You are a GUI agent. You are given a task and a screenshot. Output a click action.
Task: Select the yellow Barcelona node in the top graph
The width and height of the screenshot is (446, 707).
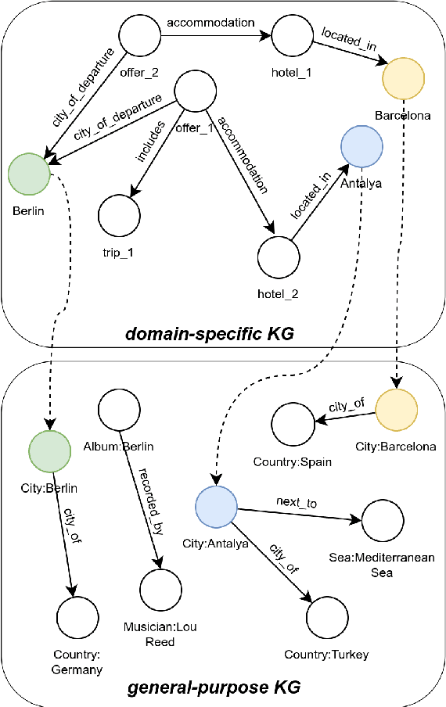[x=403, y=77]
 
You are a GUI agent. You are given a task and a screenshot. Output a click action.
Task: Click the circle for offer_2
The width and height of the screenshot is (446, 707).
[x=140, y=35]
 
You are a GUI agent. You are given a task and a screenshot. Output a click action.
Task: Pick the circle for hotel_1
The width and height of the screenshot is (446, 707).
[x=292, y=35]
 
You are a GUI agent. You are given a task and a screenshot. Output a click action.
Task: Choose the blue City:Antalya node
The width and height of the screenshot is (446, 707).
[x=216, y=506]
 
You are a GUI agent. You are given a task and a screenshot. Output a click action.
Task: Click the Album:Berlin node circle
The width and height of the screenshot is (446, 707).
[x=119, y=407]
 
